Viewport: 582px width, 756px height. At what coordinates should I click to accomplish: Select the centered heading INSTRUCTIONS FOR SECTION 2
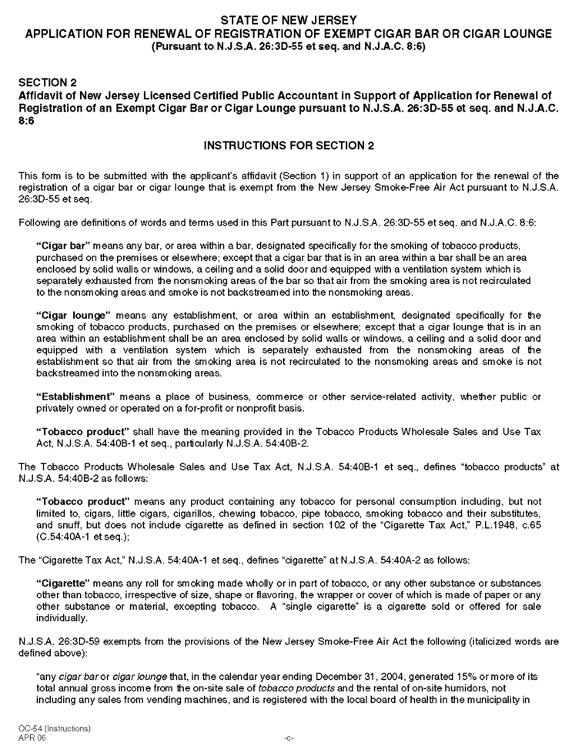289,146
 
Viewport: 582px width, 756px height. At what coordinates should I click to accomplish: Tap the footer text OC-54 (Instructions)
55,728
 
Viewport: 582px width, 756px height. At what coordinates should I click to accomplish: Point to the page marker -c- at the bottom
289,738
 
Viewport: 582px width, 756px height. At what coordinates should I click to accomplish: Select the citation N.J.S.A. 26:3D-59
58,641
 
